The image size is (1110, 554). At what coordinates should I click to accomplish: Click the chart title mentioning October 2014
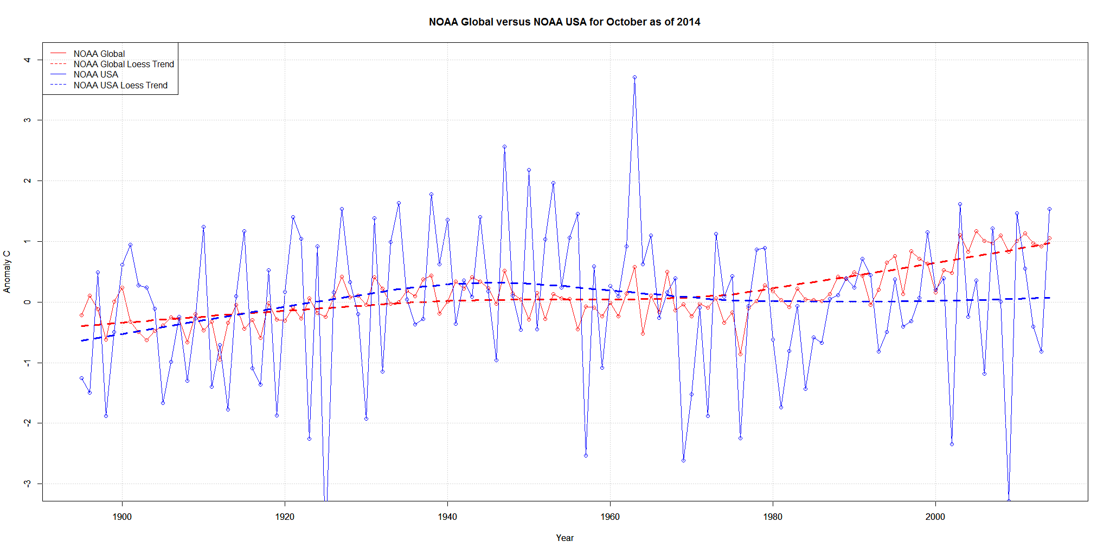coord(564,22)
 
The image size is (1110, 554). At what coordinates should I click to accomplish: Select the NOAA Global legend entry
coord(99,54)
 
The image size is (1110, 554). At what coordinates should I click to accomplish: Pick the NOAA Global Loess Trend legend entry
coord(124,64)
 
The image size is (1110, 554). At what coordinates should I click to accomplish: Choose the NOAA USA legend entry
coord(95,74)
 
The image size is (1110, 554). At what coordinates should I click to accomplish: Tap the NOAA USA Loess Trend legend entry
coord(120,85)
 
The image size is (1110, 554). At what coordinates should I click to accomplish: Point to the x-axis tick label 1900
coord(122,517)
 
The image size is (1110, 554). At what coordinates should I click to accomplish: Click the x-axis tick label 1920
coord(285,517)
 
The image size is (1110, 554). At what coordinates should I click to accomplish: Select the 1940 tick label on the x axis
coord(447,517)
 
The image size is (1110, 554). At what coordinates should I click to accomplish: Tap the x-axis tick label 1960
coord(610,517)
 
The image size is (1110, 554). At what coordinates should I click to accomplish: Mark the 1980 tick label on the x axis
coord(773,517)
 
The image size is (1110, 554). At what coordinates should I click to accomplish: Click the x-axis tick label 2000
coord(935,517)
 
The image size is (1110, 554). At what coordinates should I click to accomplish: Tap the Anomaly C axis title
coord(7,272)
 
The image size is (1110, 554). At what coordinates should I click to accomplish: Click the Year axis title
coord(564,538)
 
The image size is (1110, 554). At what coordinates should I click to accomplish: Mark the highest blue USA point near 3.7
coord(634,78)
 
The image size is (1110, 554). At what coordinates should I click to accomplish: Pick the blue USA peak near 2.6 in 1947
coord(504,146)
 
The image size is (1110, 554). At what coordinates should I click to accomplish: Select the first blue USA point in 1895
coord(81,378)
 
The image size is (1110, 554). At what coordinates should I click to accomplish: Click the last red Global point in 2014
coord(1049,238)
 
